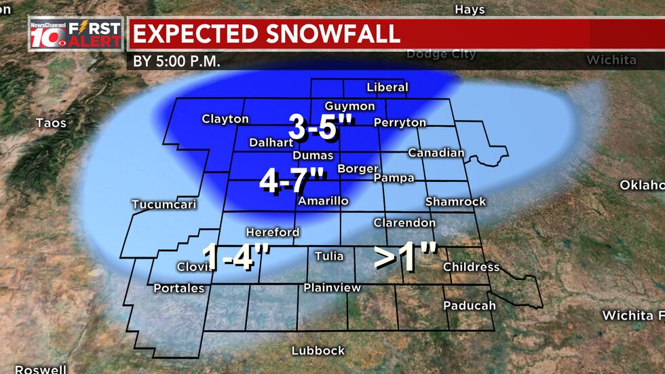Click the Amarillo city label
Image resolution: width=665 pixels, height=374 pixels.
(x=323, y=202)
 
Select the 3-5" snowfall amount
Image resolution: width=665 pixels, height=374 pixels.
(x=313, y=127)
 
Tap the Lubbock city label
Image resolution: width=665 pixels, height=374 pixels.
(x=318, y=351)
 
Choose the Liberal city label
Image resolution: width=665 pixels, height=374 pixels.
(x=387, y=88)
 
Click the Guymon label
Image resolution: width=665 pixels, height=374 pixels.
(x=349, y=107)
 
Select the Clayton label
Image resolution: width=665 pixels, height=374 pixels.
(x=225, y=119)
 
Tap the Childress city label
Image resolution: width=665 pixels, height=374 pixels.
(x=471, y=267)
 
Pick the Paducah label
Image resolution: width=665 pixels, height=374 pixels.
(x=470, y=306)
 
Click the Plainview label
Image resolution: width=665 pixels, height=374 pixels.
(x=332, y=288)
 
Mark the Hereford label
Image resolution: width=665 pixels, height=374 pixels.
(x=272, y=232)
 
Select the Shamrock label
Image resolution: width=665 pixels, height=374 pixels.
(x=455, y=202)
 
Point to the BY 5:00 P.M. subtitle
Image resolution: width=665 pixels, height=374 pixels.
(x=177, y=60)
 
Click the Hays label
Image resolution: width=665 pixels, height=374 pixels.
(x=470, y=10)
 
